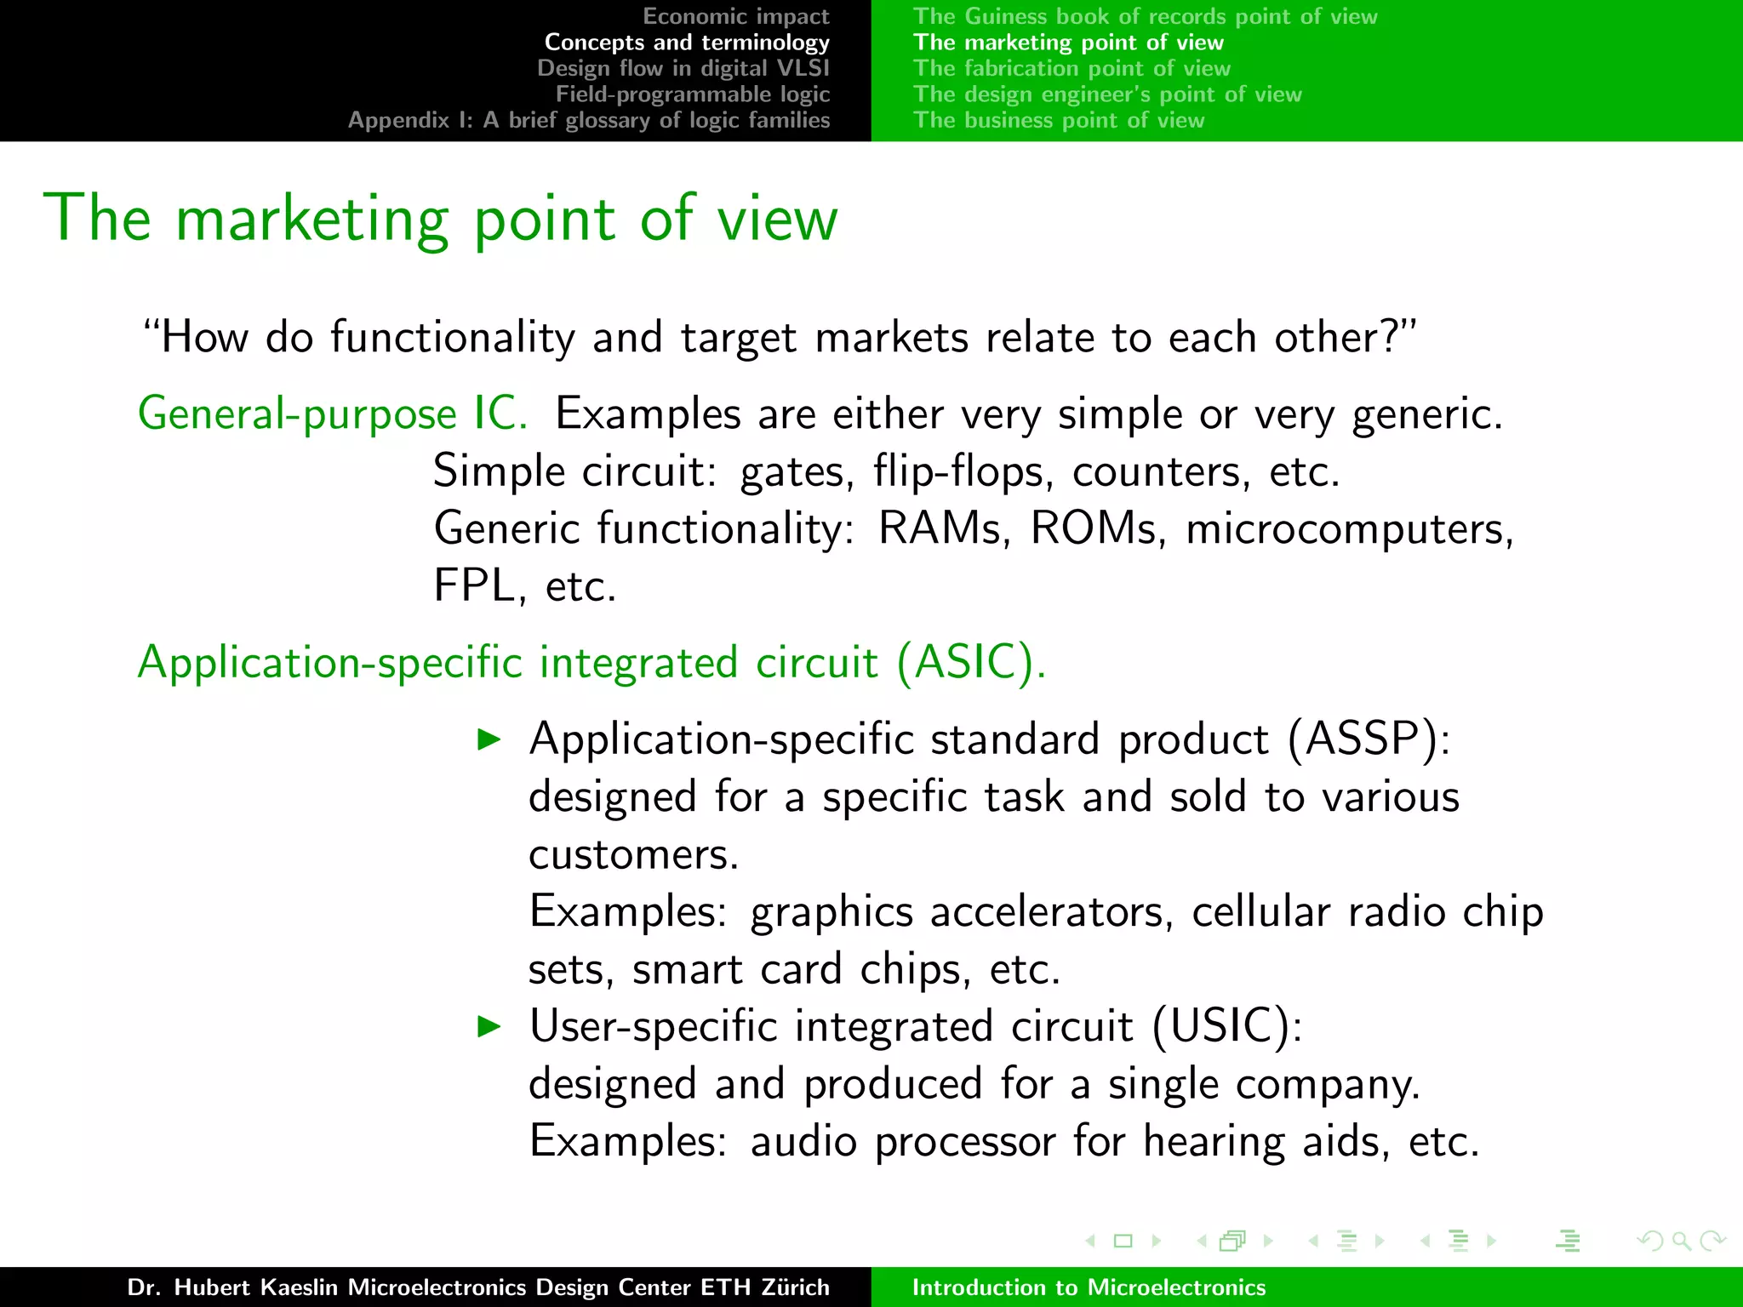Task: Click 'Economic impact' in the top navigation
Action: (735, 16)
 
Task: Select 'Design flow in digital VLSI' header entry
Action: (683, 68)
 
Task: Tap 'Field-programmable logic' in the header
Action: (692, 94)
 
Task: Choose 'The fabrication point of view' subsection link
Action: (1072, 68)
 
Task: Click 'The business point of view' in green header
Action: (1059, 120)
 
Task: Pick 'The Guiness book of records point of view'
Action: (1145, 16)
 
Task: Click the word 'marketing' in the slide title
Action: (311, 220)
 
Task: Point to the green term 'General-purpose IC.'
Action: (333, 414)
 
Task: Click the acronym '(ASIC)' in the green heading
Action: (967, 662)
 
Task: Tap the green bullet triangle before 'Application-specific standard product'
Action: (489, 739)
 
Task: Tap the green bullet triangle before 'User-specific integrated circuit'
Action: (489, 1025)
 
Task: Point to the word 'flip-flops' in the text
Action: (963, 471)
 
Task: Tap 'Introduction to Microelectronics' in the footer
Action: (1089, 1287)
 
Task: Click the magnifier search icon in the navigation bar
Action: (1681, 1241)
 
